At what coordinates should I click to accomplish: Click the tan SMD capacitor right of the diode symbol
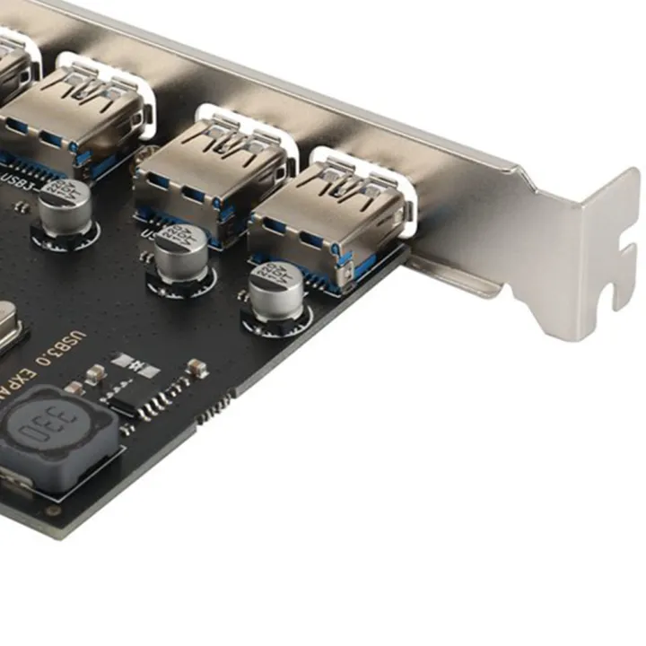tap(196, 367)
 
